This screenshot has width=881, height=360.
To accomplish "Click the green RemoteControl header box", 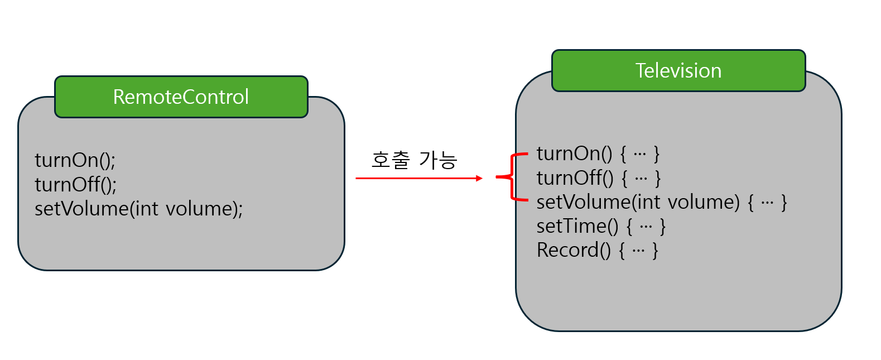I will pyautogui.click(x=181, y=97).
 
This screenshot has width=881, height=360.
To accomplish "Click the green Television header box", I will pyautogui.click(x=678, y=71).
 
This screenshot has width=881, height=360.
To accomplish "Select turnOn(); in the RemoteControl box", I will pyautogui.click(x=75, y=161).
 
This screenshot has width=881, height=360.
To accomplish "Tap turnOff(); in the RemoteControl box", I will pyautogui.click(x=75, y=185).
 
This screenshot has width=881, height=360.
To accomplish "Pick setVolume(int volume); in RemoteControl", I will pyautogui.click(x=138, y=209).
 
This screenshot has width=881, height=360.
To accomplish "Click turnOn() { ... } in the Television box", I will pyautogui.click(x=598, y=153).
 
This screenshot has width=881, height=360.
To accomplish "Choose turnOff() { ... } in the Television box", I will pyautogui.click(x=598, y=178).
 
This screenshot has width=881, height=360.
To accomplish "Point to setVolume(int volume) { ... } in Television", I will pyautogui.click(x=661, y=202).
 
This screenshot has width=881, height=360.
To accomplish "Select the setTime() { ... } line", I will pyautogui.click(x=600, y=226).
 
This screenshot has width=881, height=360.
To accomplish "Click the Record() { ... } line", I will pyautogui.click(x=597, y=250).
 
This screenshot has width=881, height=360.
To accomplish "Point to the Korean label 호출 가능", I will pyautogui.click(x=414, y=160).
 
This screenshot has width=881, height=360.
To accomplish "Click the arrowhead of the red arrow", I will pyautogui.click(x=479, y=178).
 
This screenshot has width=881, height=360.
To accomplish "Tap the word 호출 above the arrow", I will pyautogui.click(x=391, y=160).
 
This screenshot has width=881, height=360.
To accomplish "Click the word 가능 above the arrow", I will pyautogui.click(x=439, y=160).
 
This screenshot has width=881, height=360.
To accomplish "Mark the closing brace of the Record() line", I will pyautogui.click(x=655, y=251).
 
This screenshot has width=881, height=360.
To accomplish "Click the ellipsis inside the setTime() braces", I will pyautogui.click(x=646, y=227).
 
